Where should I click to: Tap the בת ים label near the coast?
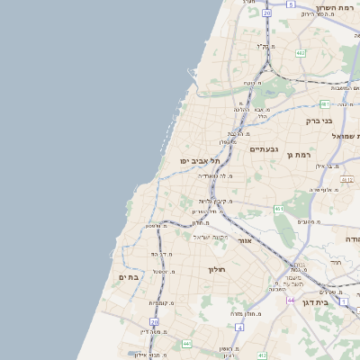pos(129,277)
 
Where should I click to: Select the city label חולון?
pos(215,269)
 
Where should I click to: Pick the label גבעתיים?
pos(263,148)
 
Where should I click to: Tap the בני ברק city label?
pos(319,120)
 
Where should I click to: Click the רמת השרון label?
pos(335,4)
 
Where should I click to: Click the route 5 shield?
pos(290,4)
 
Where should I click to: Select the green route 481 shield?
pos(324,104)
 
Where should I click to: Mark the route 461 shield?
pos(279,210)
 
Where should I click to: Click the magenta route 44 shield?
pos(291,300)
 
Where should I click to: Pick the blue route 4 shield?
pos(240,327)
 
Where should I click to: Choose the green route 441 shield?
pos(186,344)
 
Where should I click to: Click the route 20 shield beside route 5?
pos(266,14)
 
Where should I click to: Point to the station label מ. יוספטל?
pos(164,270)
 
